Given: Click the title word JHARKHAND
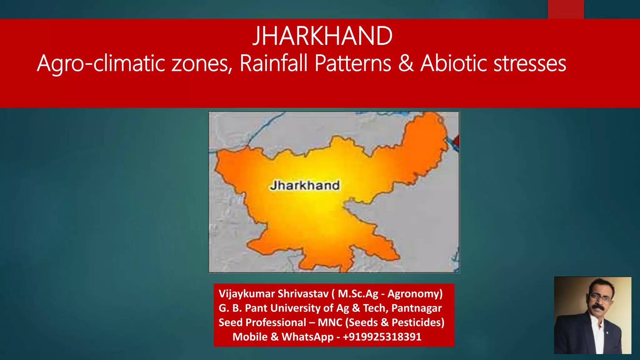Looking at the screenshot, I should (x=322, y=36).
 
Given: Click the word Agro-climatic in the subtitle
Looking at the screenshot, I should (x=101, y=63).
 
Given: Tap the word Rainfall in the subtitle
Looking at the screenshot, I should (x=274, y=63).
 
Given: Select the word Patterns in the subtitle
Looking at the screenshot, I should (x=353, y=63).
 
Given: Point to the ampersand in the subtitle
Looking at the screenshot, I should (x=406, y=63).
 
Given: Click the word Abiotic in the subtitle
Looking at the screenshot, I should (x=453, y=63).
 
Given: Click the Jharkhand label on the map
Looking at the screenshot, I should (x=305, y=186).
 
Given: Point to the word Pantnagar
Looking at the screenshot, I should (x=416, y=308).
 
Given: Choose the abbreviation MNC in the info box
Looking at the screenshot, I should (x=330, y=322).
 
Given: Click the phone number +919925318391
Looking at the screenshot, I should (x=382, y=337).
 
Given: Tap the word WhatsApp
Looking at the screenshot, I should (x=307, y=337).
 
